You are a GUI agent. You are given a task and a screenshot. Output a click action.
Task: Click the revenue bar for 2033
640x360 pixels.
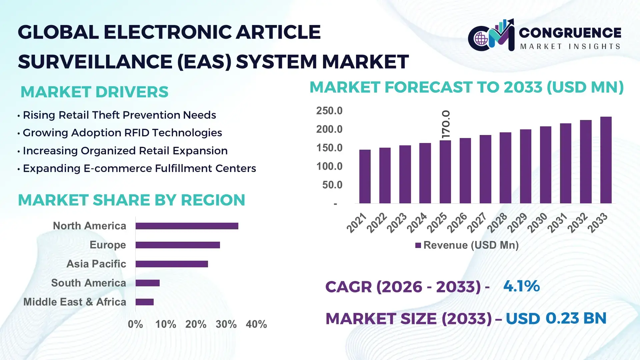pyautogui.click(x=606, y=160)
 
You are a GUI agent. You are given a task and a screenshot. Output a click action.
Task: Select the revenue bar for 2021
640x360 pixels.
pyautogui.click(x=365, y=177)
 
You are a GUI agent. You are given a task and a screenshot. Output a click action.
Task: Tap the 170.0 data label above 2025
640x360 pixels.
pyautogui.click(x=446, y=124)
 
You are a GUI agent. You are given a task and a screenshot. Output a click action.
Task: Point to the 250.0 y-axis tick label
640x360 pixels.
pyautogui.click(x=329, y=111)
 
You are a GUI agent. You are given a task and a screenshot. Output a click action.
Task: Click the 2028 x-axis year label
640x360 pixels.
pyautogui.click(x=497, y=223)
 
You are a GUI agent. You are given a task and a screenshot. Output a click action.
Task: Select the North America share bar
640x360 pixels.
pyautogui.click(x=187, y=226)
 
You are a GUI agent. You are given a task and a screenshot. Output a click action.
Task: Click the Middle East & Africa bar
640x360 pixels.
pyautogui.click(x=144, y=302)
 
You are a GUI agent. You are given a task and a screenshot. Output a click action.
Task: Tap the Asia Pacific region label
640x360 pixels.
pyautogui.click(x=96, y=264)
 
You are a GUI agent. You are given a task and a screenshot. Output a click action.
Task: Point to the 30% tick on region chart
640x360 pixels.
pyautogui.click(x=226, y=324)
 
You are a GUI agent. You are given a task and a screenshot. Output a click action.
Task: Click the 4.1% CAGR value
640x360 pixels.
pyautogui.click(x=521, y=286)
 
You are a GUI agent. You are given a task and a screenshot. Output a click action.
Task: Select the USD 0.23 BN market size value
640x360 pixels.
pyautogui.click(x=556, y=318)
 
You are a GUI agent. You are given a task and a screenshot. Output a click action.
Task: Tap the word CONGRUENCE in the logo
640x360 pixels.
pyautogui.click(x=570, y=33)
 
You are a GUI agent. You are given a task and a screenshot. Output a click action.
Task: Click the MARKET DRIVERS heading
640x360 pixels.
pyautogui.click(x=94, y=92)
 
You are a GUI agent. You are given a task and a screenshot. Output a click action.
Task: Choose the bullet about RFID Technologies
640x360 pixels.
pyautogui.click(x=122, y=133)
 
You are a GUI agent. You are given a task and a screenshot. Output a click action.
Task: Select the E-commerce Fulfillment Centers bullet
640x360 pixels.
pyautogui.click(x=139, y=169)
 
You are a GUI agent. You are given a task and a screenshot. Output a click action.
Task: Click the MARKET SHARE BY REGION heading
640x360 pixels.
pyautogui.click(x=131, y=200)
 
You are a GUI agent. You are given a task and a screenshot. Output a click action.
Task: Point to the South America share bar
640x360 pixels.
pyautogui.click(x=147, y=283)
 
